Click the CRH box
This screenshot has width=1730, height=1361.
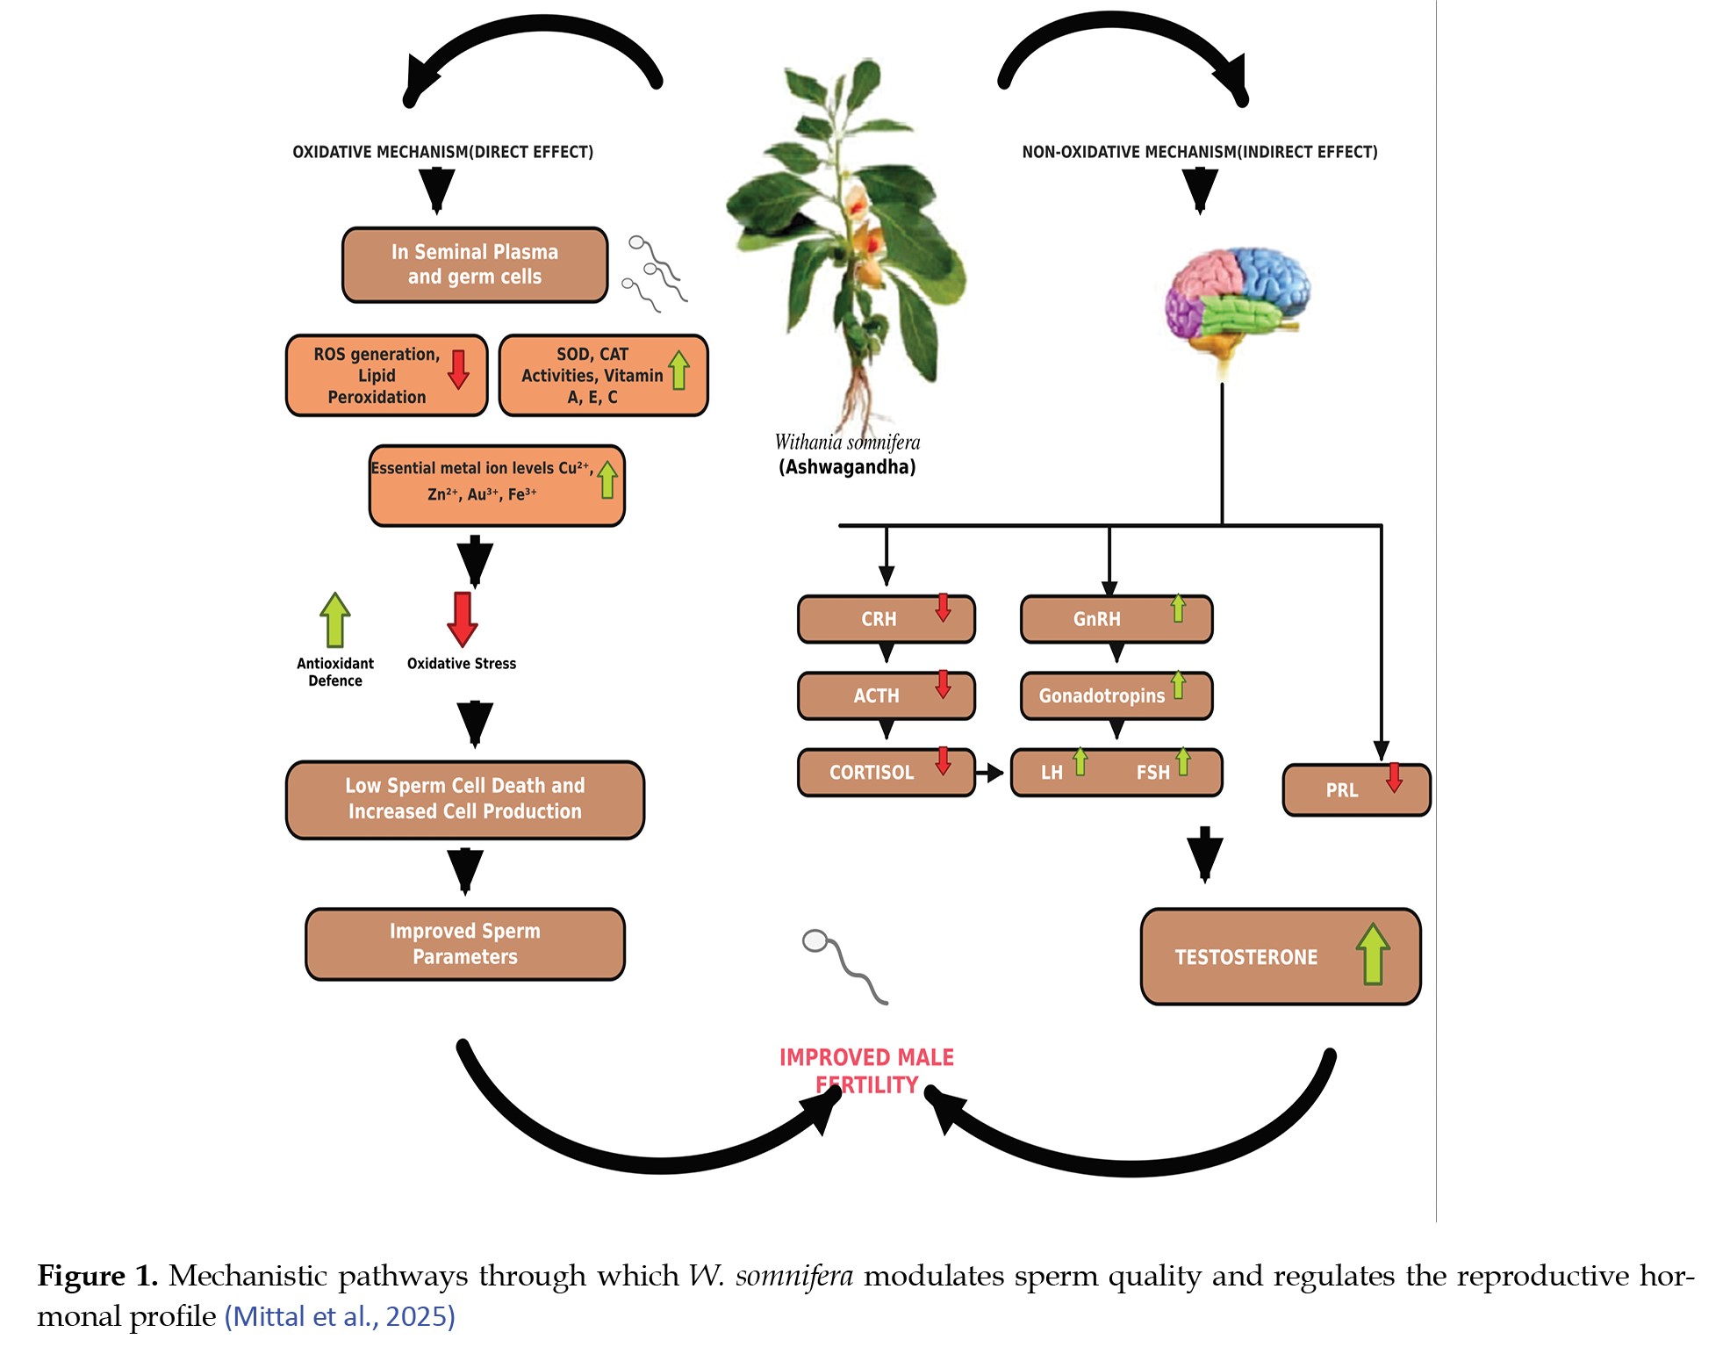click(886, 619)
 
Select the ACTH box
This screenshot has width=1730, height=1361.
click(886, 695)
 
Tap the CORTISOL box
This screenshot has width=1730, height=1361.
click(886, 772)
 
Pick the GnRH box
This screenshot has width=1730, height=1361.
click(1116, 619)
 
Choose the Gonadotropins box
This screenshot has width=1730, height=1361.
click(1116, 695)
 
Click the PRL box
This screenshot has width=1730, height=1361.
click(1356, 789)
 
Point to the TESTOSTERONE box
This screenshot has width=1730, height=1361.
click(1281, 956)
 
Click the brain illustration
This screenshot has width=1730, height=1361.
click(1237, 303)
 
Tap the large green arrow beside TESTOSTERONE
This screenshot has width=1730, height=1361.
click(1373, 954)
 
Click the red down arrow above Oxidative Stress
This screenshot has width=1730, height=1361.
click(463, 619)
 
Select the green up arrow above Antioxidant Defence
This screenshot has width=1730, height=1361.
click(335, 619)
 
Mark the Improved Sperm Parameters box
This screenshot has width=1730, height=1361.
click(465, 944)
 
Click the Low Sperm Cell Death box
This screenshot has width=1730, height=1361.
click(465, 800)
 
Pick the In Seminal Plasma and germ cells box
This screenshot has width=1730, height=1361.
click(475, 264)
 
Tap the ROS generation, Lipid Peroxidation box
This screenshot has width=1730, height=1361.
click(386, 375)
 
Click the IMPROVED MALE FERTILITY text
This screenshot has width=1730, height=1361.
click(866, 1070)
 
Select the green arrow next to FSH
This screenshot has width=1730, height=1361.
click(1183, 761)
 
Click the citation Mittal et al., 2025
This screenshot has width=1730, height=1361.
click(340, 1316)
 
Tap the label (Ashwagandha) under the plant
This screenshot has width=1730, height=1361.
click(847, 467)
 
